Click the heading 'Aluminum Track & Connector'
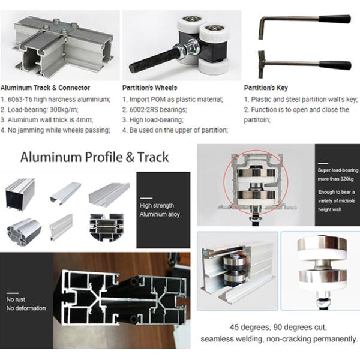[45, 88]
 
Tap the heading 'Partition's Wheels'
[149, 88]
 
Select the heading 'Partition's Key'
[266, 88]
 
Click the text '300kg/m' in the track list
[64, 110]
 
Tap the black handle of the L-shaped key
[335, 19]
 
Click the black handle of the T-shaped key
[335, 65]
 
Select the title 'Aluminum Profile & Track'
[95, 157]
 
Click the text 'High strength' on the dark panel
[157, 205]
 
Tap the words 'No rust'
[16, 299]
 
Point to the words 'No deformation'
[26, 308]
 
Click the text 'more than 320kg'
[335, 179]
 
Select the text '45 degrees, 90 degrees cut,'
[278, 327]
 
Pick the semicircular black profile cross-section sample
[107, 227]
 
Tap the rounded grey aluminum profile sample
[24, 232]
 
